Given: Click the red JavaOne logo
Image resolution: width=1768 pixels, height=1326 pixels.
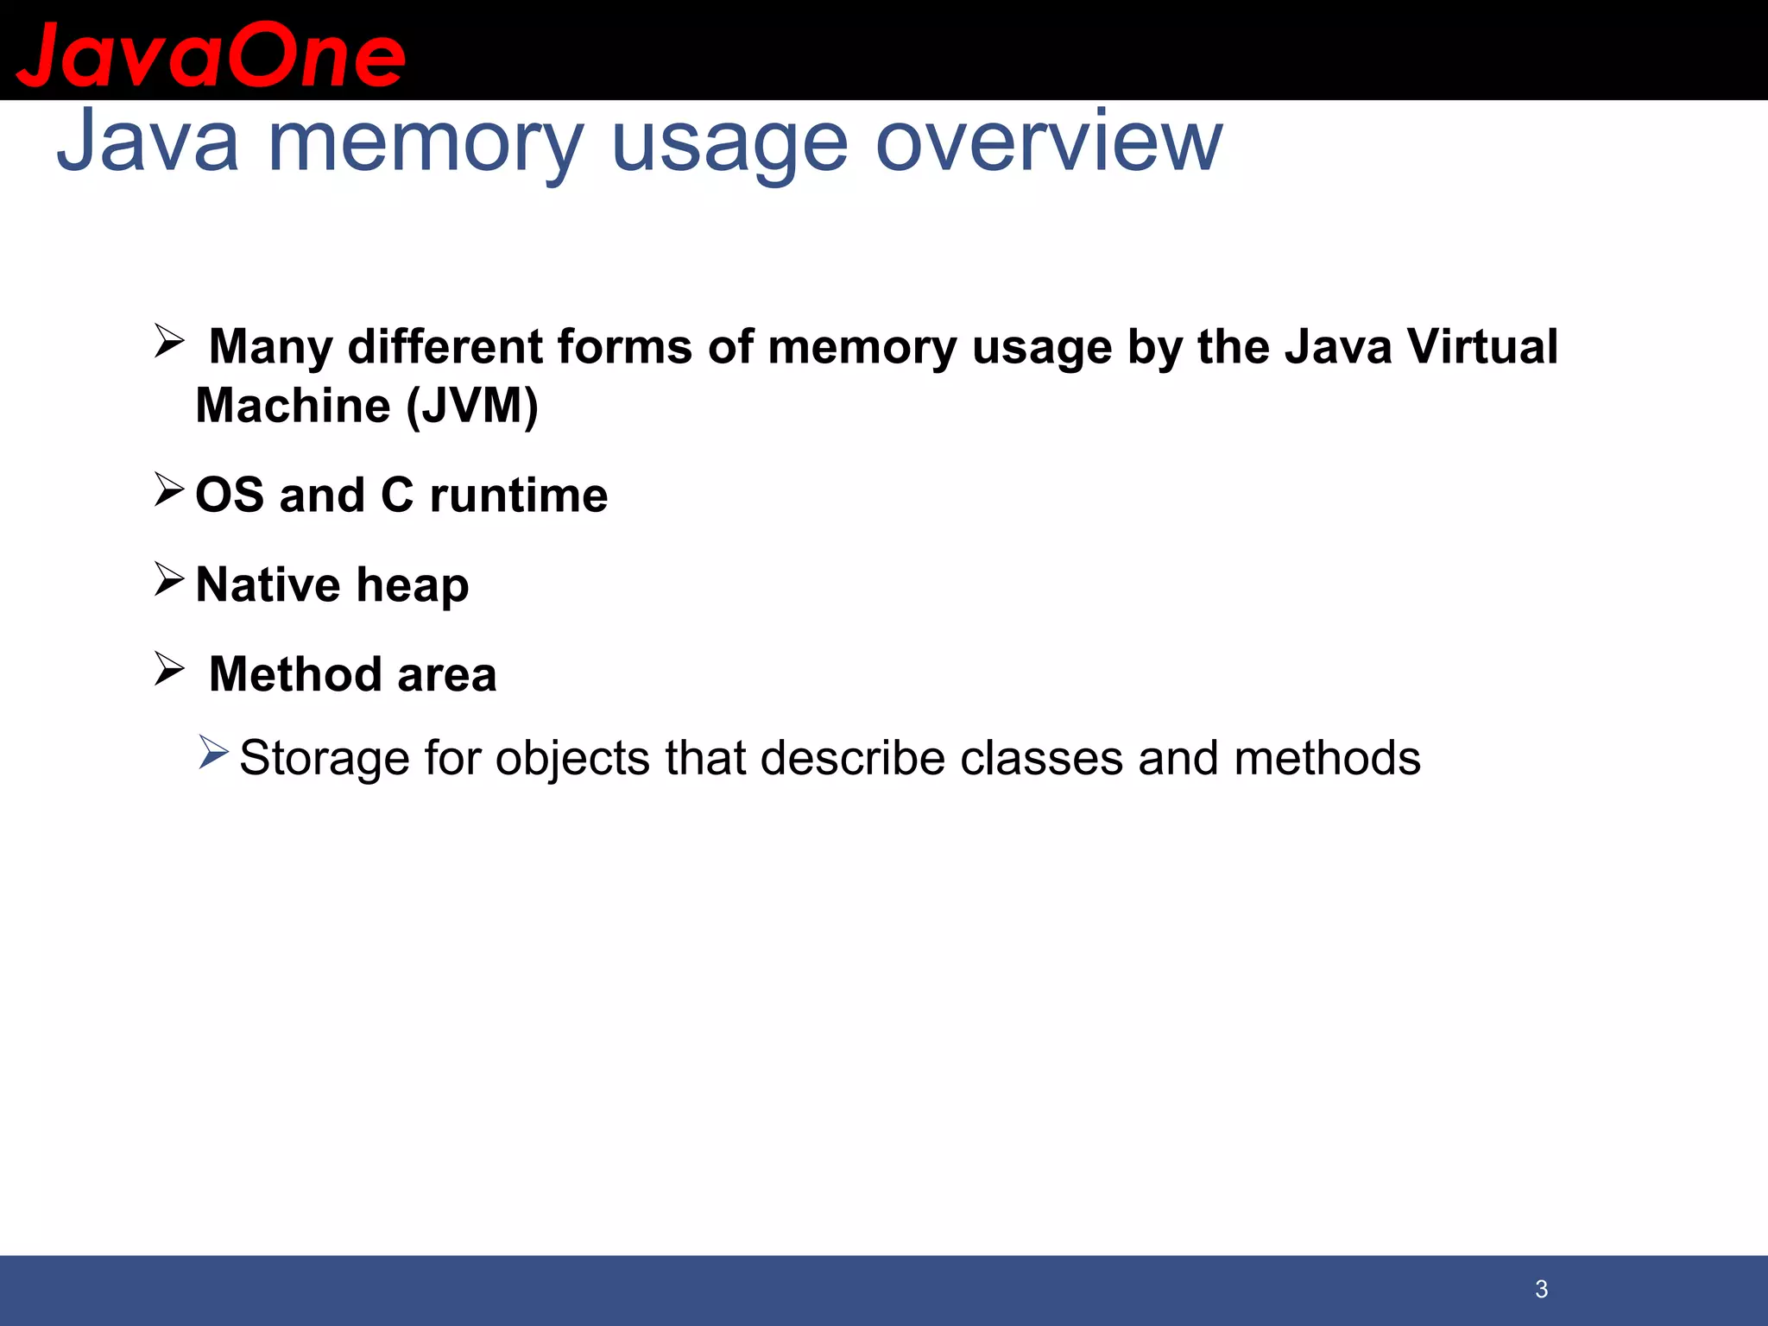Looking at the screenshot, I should (211, 54).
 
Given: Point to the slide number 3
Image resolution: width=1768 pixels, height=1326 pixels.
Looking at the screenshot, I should (1541, 1289).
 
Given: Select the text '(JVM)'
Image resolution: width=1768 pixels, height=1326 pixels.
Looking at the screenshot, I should (472, 406).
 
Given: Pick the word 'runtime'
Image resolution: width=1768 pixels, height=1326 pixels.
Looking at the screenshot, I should (518, 496).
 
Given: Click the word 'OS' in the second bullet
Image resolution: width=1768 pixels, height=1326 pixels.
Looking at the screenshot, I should (230, 496).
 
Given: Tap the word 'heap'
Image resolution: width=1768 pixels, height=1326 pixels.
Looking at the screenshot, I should (413, 586).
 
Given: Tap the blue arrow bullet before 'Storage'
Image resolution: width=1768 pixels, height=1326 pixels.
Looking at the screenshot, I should (213, 752).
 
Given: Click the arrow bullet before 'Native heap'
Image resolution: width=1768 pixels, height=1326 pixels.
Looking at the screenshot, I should (169, 578).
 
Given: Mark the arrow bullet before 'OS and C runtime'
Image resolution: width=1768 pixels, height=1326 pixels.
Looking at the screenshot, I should (169, 489).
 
